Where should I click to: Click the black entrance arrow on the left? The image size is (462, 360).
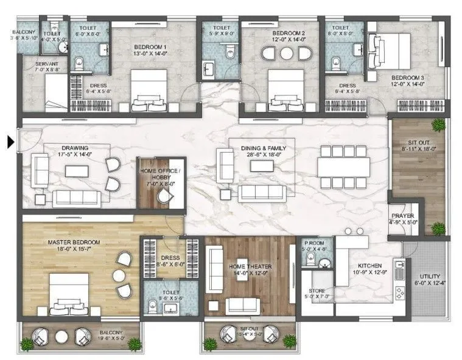pyautogui.click(x=10, y=143)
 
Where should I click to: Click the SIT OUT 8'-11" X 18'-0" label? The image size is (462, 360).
pyautogui.click(x=416, y=143)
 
